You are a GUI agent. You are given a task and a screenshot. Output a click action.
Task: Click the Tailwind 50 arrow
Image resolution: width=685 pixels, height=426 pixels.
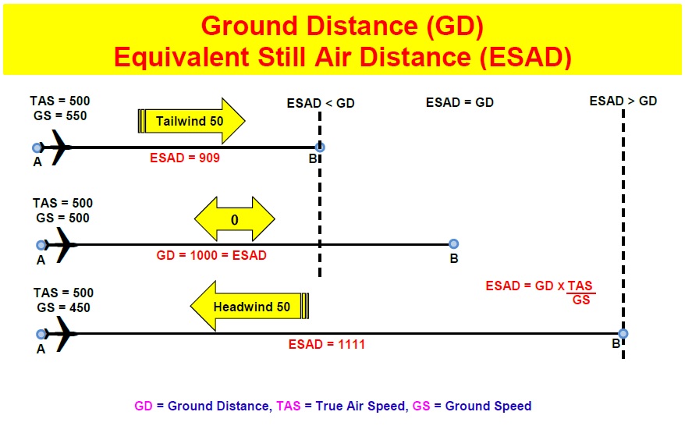coord(192,121)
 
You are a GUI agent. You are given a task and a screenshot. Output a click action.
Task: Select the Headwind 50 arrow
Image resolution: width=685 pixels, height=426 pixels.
coord(250,306)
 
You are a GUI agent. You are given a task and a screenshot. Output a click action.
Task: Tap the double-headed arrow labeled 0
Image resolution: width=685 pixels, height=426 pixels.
coord(235,220)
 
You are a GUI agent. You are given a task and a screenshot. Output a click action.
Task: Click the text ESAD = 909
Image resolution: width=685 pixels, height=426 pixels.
coord(185,158)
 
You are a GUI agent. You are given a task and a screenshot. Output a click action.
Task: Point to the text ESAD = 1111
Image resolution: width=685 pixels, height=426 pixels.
coord(326,344)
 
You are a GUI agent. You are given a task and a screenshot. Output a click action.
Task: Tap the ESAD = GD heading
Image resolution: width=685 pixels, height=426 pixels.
coord(460,102)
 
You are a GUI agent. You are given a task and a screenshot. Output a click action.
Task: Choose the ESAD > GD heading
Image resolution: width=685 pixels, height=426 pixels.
coord(623,101)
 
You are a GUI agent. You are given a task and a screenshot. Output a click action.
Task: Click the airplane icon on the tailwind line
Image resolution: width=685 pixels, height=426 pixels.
coord(58,147)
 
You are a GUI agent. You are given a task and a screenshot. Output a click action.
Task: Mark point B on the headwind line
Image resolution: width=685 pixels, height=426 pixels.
coord(623,334)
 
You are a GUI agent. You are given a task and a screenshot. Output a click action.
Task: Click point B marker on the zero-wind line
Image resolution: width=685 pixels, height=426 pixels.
coord(453,244)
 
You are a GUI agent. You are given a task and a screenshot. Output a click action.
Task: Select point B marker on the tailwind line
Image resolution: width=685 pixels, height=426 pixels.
coord(319,147)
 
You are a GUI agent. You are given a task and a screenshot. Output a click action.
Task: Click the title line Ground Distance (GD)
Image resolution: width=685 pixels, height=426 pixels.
coord(342,26)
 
